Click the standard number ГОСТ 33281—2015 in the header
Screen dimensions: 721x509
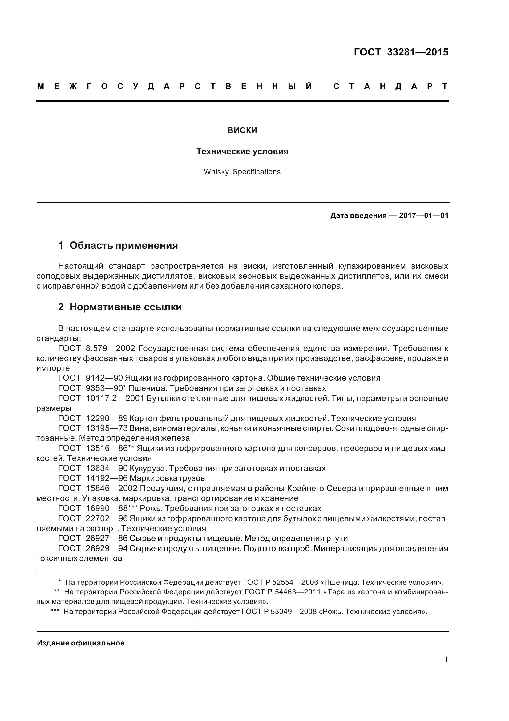[401, 52]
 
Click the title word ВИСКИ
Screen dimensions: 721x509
[242, 131]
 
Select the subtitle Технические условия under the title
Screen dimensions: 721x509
[242, 152]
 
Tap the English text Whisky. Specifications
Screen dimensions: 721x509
[242, 172]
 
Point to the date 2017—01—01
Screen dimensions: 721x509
[424, 216]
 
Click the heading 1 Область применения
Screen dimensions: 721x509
[118, 246]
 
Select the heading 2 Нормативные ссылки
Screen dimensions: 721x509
[120, 307]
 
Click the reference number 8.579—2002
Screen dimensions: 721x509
[110, 349]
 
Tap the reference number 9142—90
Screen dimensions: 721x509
[104, 379]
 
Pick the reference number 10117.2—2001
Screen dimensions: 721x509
[115, 399]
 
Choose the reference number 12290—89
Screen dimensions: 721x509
[106, 419]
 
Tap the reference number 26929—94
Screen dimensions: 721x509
[106, 549]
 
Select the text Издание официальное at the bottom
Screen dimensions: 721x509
[81, 643]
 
